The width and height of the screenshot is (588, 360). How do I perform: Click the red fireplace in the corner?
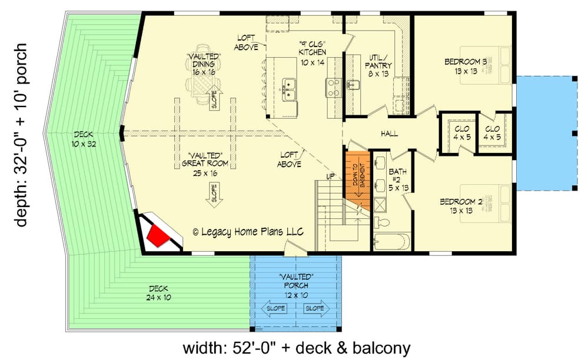click(158, 235)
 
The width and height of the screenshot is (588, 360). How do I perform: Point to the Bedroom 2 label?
click(461, 206)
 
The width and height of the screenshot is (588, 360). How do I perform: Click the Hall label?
click(388, 134)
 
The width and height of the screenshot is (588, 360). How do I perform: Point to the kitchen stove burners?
click(332, 87)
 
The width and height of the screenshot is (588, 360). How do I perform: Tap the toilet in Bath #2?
click(383, 222)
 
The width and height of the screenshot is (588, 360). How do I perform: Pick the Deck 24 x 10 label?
click(158, 293)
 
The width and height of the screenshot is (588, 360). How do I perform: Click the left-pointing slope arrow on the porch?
click(275, 308)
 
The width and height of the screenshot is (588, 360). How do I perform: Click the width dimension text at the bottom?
click(296, 348)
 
